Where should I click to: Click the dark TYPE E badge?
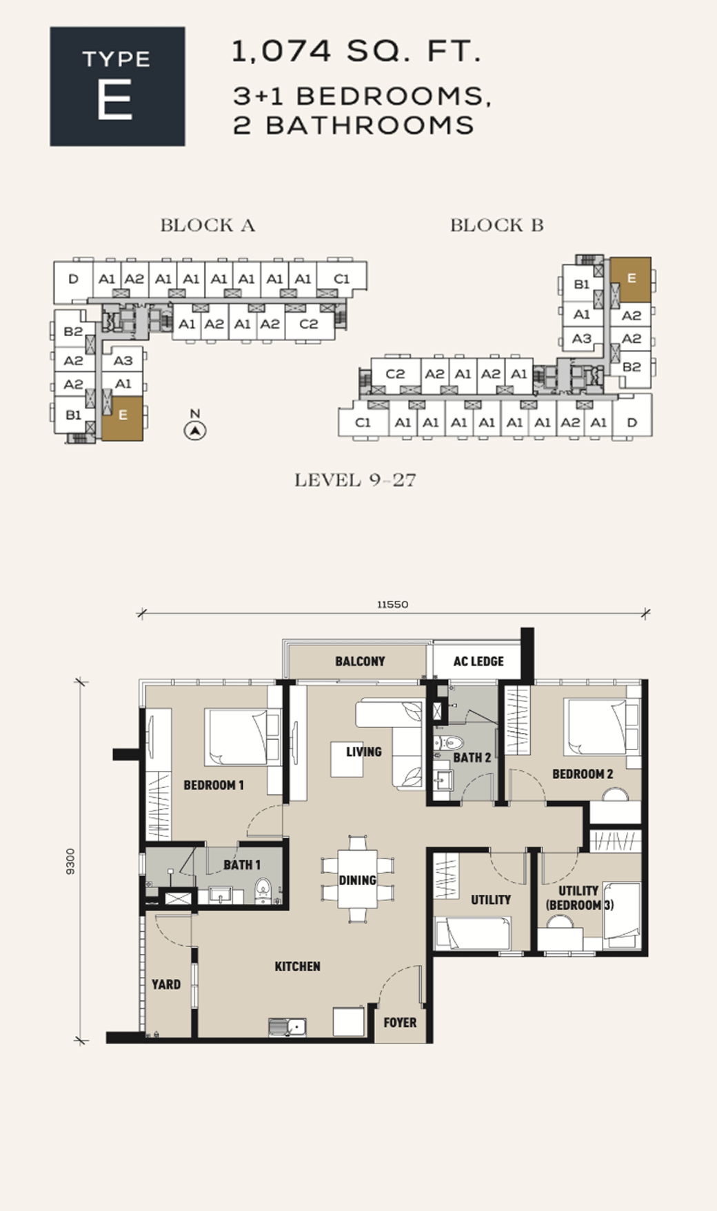[117, 86]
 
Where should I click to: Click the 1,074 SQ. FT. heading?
[356, 52]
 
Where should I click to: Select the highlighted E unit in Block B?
[631, 280]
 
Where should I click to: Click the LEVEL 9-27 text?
[355, 480]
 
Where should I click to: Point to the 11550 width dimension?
[392, 604]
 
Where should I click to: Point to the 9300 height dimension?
[70, 862]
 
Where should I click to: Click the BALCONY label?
[360, 661]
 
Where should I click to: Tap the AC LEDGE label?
[478, 661]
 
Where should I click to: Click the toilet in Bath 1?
[263, 890]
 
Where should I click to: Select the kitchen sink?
[287, 1027]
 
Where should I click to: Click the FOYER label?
[400, 1023]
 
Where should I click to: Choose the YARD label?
[166, 984]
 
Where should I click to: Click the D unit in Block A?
[73, 279]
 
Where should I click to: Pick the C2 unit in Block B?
[395, 374]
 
